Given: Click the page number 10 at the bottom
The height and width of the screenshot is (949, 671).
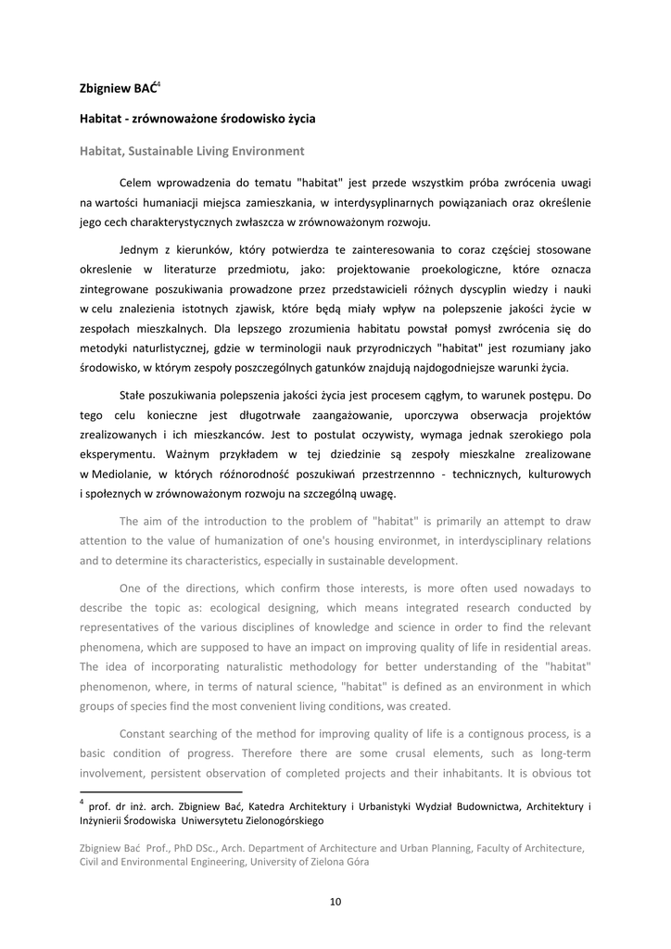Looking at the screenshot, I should tap(335, 901).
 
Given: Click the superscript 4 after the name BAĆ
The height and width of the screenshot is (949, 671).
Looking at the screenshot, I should tap(158, 84).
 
